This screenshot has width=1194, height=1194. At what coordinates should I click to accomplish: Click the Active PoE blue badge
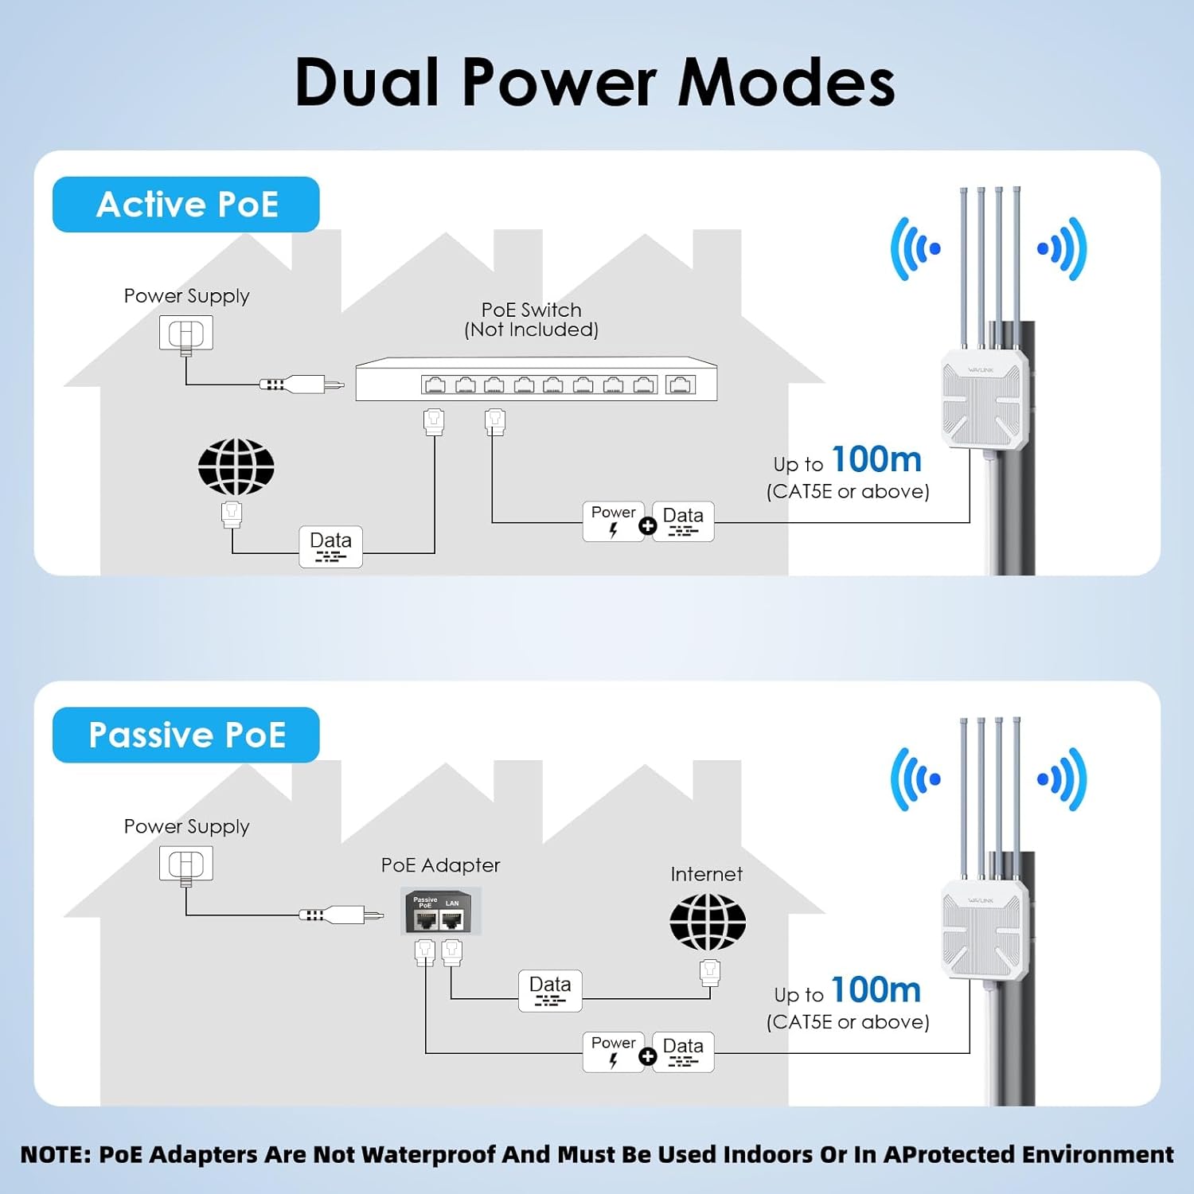coord(186,205)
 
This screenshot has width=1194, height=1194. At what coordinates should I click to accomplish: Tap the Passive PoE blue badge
coord(186,735)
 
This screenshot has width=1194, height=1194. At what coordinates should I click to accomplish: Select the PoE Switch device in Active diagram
coord(536,379)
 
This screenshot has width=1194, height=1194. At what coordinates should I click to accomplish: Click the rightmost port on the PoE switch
coord(681,385)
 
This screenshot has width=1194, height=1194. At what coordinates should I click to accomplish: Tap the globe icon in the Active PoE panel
coord(236,466)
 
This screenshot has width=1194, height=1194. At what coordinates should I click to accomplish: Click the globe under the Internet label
coord(707,922)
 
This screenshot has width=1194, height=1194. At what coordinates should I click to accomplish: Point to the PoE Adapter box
coord(441,912)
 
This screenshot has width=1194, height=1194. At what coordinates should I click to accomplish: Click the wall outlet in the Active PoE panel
coord(186,333)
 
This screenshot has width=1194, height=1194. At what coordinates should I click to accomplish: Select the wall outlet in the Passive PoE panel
coord(186,864)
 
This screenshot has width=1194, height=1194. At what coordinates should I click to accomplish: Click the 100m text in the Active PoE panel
coord(876,460)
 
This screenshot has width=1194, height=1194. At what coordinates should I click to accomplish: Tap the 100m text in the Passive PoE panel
coord(876,990)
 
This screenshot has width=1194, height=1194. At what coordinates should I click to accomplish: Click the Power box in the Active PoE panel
coord(613,521)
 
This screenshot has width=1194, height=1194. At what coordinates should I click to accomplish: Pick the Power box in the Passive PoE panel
coord(613,1052)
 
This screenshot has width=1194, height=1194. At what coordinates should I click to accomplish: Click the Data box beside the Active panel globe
coord(330,546)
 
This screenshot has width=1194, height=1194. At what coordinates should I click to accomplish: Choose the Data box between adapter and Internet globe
coord(550,990)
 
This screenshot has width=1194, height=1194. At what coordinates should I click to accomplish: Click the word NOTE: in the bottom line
coord(56,1155)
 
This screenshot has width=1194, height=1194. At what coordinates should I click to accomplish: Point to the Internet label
coord(706,874)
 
